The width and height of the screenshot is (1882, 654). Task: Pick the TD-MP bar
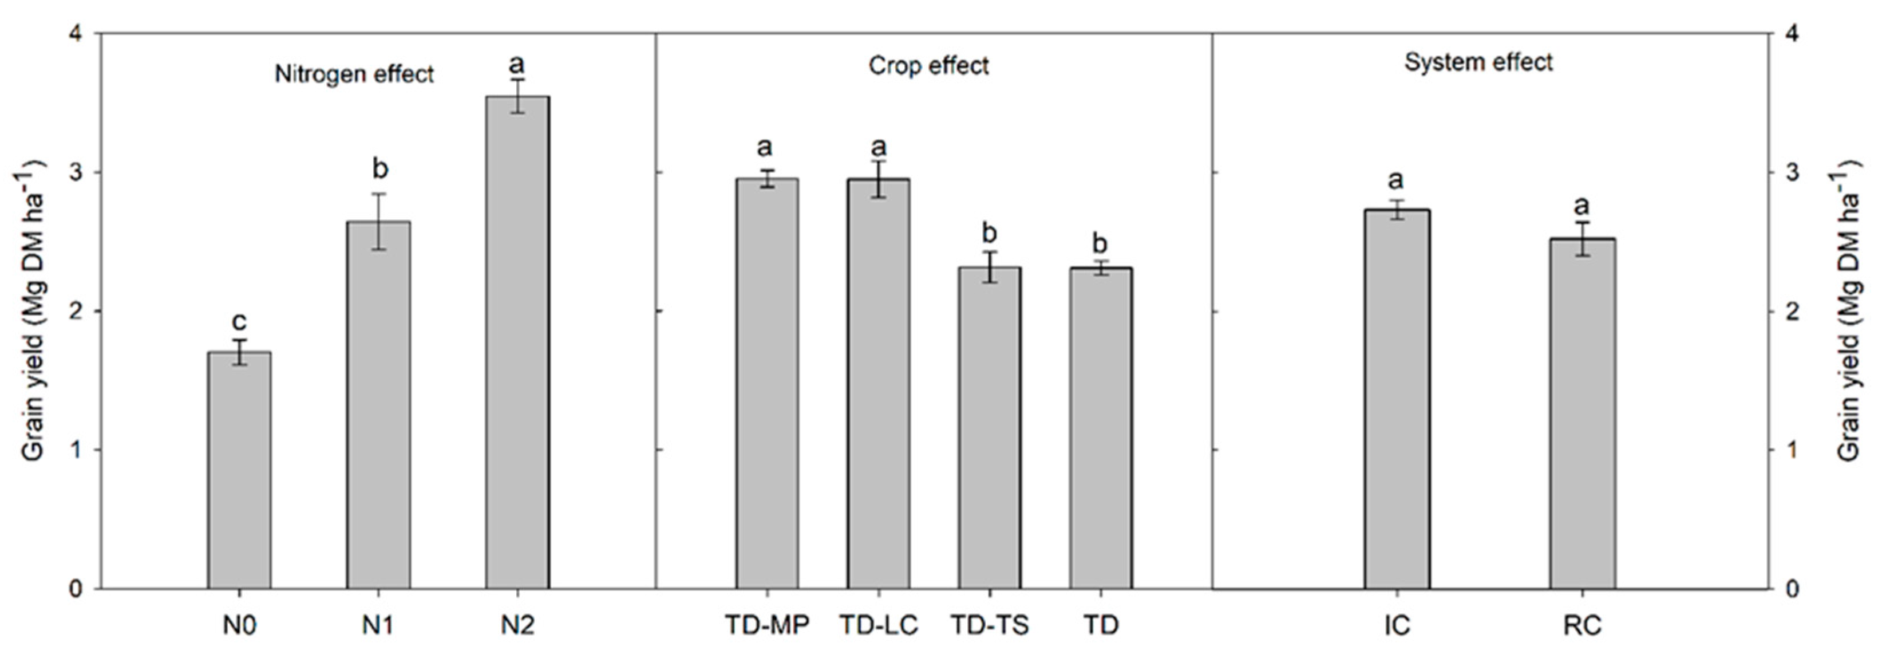point(766,383)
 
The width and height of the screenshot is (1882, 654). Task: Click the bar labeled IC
point(1397,398)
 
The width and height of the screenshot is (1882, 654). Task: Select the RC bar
point(1583,413)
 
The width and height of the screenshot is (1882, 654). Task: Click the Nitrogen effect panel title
point(354,74)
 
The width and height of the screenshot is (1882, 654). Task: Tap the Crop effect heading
point(928,66)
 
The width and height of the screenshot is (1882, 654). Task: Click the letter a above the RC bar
point(1583,206)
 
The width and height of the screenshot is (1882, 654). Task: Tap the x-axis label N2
point(517,625)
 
